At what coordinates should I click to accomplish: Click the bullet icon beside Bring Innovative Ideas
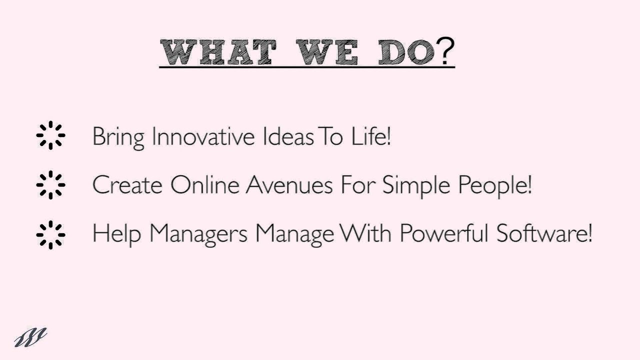pos(50,135)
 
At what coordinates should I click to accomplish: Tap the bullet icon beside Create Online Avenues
pos(50,185)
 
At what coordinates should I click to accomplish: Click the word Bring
pos(118,137)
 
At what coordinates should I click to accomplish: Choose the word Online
pos(205,185)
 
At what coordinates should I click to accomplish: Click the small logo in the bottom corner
pos(30,337)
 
